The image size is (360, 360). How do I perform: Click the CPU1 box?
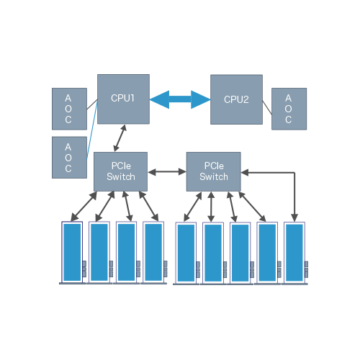[123, 99]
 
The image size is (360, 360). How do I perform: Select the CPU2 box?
[236, 99]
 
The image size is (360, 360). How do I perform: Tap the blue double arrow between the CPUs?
[180, 99]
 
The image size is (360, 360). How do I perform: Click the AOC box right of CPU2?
[289, 109]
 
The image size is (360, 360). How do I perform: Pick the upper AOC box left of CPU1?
[69, 109]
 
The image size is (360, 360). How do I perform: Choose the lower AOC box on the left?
[69, 158]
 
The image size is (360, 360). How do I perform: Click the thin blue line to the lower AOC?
[92, 130]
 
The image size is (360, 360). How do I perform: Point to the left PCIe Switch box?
[120, 171]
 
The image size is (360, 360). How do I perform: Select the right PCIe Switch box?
[214, 171]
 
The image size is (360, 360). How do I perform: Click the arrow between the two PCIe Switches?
[167, 172]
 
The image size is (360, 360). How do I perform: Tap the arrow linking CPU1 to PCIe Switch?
[120, 138]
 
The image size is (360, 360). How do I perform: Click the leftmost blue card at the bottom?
[72, 253]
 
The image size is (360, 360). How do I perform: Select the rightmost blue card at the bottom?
[294, 253]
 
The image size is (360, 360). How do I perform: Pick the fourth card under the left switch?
[153, 253]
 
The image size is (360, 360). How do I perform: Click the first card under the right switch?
[186, 253]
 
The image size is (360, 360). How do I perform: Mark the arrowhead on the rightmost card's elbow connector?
[294, 218]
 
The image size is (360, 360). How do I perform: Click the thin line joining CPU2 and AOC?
[267, 107]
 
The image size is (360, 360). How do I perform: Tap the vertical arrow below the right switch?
[211, 207]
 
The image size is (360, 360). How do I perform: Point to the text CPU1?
[122, 98]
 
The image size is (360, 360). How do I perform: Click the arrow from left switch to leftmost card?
[84, 207]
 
